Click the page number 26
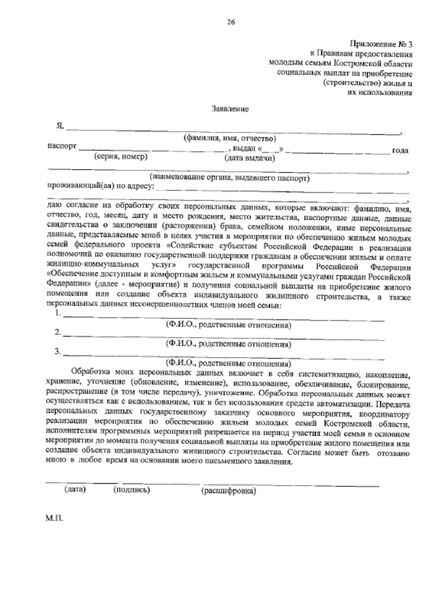231,23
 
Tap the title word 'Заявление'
230,109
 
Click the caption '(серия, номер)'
121,157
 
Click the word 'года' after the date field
400,151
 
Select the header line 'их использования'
379,93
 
